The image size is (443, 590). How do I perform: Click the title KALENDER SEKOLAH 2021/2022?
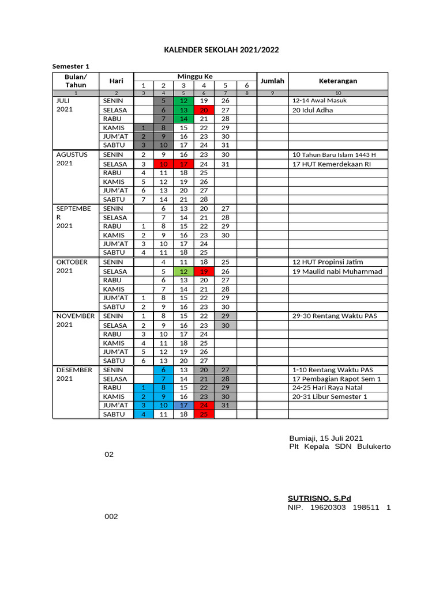pyautogui.click(x=221, y=50)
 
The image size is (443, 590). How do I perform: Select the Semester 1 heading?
pyautogui.click(x=72, y=66)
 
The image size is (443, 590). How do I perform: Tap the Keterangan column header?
pyautogui.click(x=338, y=81)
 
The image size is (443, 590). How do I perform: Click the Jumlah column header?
pyautogui.click(x=273, y=81)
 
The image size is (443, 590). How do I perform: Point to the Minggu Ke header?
pyautogui.click(x=195, y=76)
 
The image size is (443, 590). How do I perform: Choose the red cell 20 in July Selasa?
pyautogui.click(x=204, y=110)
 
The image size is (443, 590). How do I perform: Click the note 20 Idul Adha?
pyautogui.click(x=313, y=110)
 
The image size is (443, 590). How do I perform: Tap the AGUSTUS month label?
pyautogui.click(x=72, y=154)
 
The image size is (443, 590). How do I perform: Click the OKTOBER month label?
pyautogui.click(x=72, y=262)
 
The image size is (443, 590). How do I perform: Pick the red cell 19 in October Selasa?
pyautogui.click(x=204, y=271)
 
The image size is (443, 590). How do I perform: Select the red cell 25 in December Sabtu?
pyautogui.click(x=204, y=414)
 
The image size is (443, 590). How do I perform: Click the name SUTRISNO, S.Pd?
pyautogui.click(x=319, y=498)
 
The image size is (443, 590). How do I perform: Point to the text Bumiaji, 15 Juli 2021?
pyautogui.click(x=326, y=438)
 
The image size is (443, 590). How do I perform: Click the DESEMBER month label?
pyautogui.click(x=74, y=370)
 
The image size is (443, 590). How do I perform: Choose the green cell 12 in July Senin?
pyautogui.click(x=183, y=101)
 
